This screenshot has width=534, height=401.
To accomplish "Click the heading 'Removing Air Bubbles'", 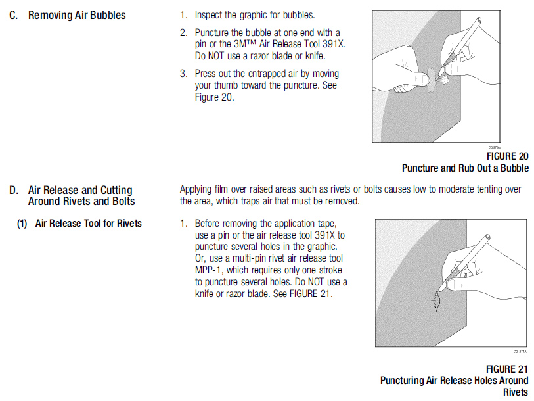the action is [77, 15].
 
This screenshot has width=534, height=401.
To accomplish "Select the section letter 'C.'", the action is [14, 15].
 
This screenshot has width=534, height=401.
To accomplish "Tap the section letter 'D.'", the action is [14, 190].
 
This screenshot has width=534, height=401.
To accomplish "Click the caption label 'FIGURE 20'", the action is [508, 156].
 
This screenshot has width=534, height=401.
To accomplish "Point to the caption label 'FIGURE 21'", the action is [507, 369].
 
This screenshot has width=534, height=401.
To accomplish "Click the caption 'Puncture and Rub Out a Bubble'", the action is [465, 168].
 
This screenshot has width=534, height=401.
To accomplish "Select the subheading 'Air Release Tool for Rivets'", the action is [89, 224].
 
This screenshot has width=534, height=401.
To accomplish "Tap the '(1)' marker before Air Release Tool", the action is [22, 224].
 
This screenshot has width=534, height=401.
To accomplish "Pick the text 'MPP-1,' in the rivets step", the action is [208, 270].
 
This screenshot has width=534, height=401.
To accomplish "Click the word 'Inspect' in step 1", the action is [208, 15].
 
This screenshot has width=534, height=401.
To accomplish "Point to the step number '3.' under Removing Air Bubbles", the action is [184, 74].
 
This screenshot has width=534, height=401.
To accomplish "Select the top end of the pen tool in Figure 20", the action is [479, 20].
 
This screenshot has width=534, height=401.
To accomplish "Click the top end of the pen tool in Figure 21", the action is [487, 236].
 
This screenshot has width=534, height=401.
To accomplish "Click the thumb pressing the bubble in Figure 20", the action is [420, 79].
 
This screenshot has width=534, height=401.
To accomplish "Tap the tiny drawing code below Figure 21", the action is [520, 352].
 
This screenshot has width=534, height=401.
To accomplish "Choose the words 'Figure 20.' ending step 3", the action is [215, 97].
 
